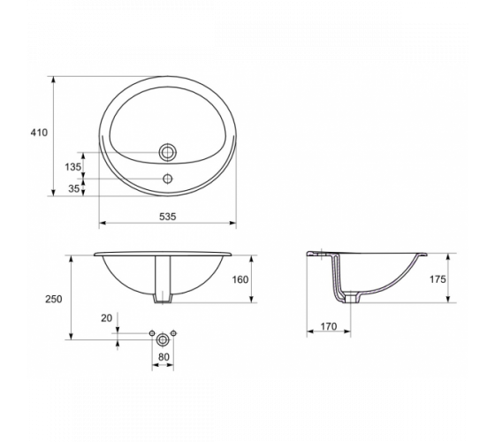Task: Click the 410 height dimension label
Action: pyautogui.click(x=39, y=133)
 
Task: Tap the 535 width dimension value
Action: pyautogui.click(x=168, y=217)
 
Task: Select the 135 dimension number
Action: pyautogui.click(x=73, y=167)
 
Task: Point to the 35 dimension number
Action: pyautogui.click(x=74, y=188)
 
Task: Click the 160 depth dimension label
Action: pyautogui.click(x=240, y=279)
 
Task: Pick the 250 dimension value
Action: pyautogui.click(x=54, y=299)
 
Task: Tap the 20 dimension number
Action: pyautogui.click(x=107, y=318)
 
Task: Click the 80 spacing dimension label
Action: pyautogui.click(x=164, y=357)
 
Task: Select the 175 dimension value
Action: pyautogui.click(x=438, y=279)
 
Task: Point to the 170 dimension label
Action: pyautogui.click(x=329, y=326)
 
